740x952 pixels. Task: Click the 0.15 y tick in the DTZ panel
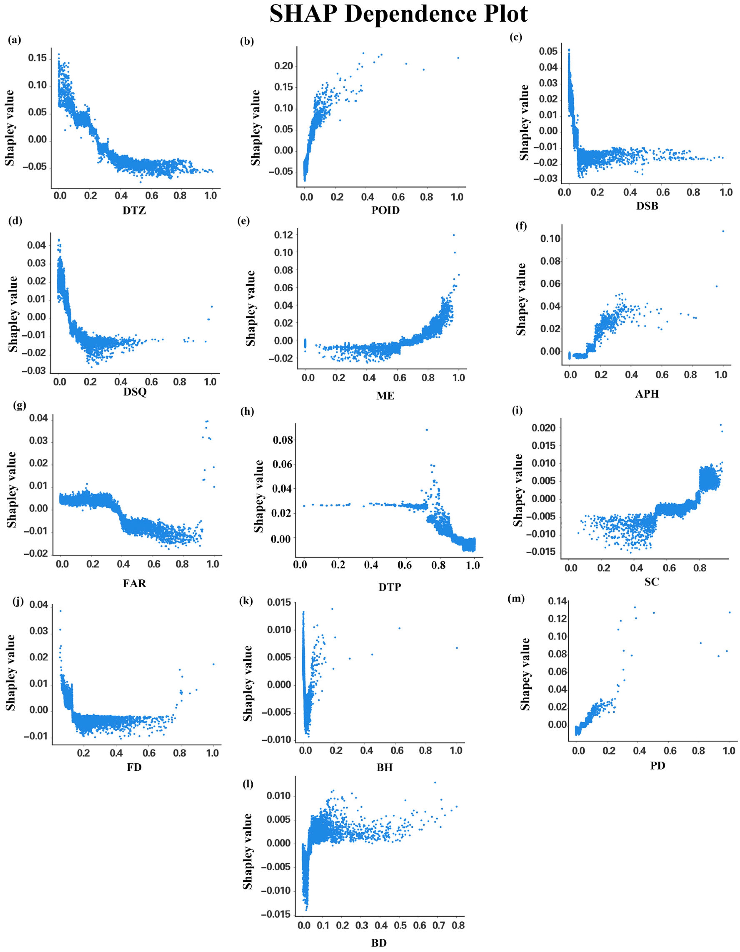coord(37,58)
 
